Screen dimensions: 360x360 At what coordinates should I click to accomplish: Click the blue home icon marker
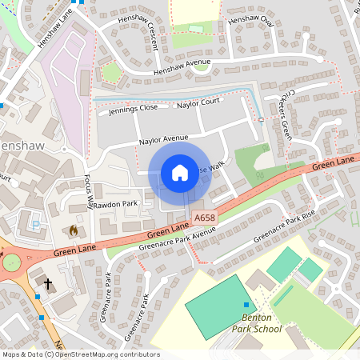(x=180, y=172)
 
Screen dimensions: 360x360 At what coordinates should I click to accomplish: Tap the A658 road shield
(x=203, y=218)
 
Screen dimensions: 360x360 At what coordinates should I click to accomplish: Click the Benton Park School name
(x=257, y=322)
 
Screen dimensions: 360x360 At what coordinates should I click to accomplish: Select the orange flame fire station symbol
(x=74, y=230)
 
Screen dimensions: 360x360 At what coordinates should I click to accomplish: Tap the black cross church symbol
(x=48, y=284)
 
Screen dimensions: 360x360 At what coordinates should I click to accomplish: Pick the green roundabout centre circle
(x=10, y=262)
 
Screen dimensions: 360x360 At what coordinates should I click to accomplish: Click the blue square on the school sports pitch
(x=246, y=304)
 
